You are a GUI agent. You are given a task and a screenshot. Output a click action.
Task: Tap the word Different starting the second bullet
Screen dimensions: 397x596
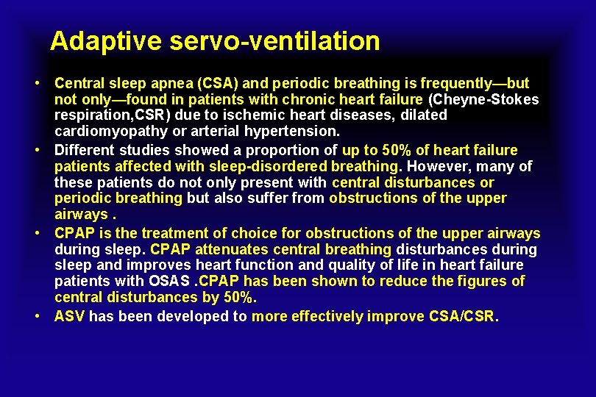pos(82,150)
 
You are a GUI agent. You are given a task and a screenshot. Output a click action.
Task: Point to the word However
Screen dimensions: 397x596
pos(437,166)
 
